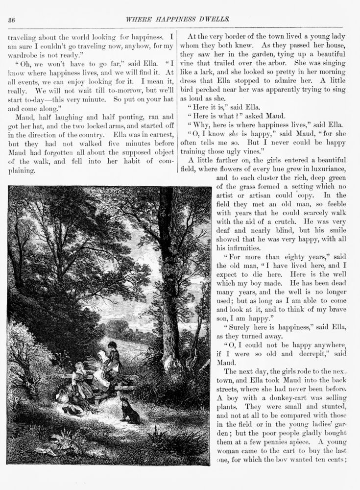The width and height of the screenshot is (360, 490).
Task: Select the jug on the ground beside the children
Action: [62, 395]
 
